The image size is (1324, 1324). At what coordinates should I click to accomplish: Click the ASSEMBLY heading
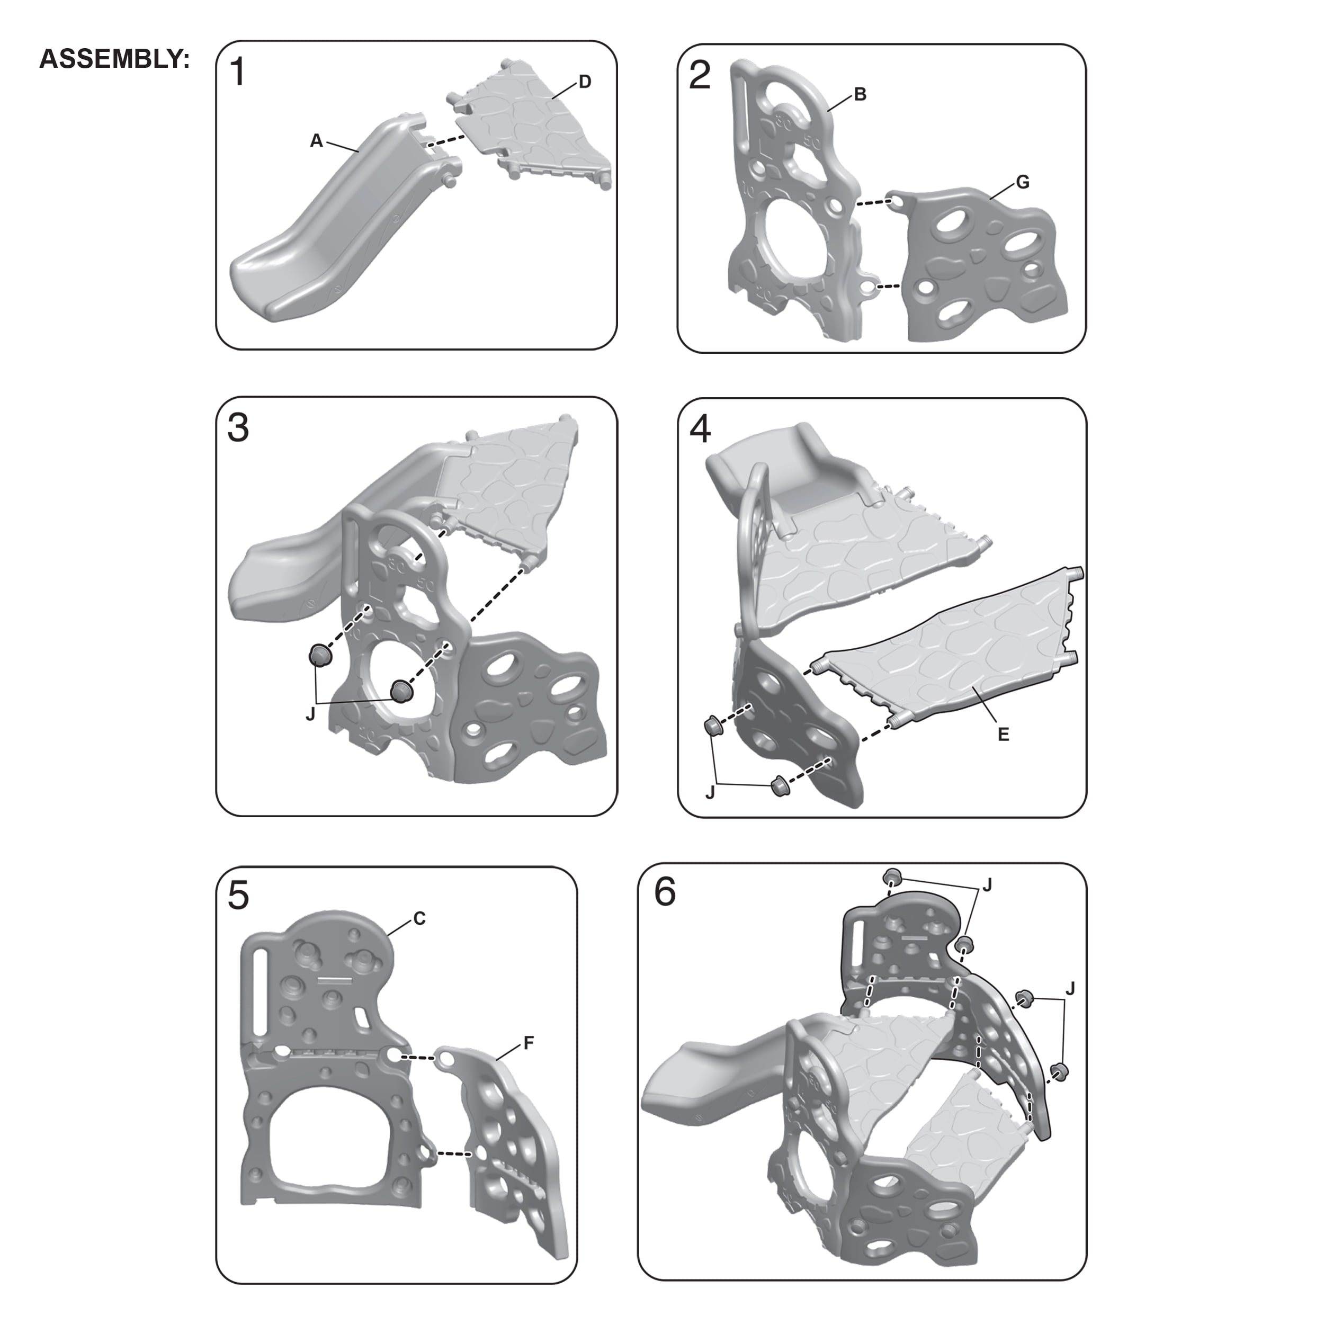click(114, 60)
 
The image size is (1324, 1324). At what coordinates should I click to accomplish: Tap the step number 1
click(238, 73)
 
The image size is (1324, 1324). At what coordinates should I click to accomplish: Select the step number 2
click(699, 75)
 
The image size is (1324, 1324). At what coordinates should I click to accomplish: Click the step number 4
click(700, 429)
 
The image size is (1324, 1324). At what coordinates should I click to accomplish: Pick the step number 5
click(238, 895)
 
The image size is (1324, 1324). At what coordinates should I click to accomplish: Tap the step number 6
click(665, 891)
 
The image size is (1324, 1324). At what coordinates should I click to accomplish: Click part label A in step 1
click(316, 141)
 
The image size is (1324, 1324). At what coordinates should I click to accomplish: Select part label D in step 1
click(585, 82)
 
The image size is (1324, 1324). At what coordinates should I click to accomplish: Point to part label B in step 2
click(860, 95)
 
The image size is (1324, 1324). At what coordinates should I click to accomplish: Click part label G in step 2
click(1023, 182)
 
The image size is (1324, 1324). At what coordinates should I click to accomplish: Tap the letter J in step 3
click(310, 714)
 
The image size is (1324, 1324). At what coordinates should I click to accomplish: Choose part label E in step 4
click(1003, 735)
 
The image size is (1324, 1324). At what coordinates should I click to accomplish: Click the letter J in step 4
click(710, 793)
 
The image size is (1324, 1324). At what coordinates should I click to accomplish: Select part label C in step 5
click(419, 918)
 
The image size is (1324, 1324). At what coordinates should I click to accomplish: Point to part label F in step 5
click(529, 1044)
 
